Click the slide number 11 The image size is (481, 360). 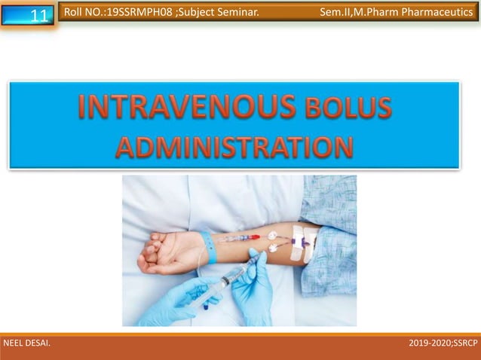[40, 15]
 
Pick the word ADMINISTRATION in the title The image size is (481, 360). [234, 145]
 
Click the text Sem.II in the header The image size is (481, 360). [337, 12]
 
